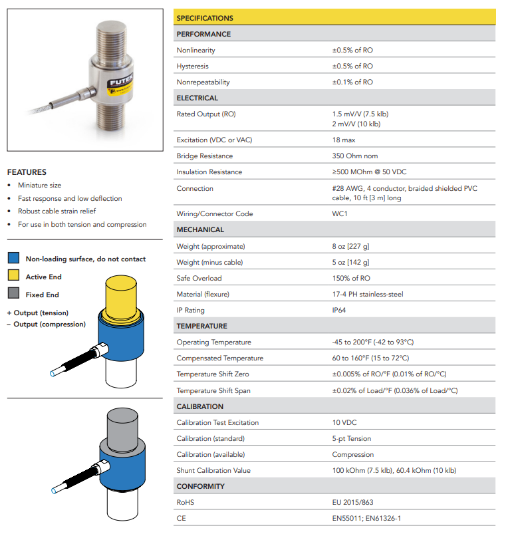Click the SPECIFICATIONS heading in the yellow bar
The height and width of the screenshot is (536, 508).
[x=205, y=18]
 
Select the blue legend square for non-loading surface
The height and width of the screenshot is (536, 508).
[x=13, y=259]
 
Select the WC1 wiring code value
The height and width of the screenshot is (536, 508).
[x=340, y=213]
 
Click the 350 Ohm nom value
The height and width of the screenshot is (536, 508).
[x=356, y=156]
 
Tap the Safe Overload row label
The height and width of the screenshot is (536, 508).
[x=199, y=278]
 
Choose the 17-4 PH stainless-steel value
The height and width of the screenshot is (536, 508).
[x=368, y=294]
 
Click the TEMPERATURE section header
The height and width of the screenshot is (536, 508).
[x=201, y=326]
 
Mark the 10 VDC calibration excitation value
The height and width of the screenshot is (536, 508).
[x=345, y=422]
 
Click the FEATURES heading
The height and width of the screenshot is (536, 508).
[x=27, y=172]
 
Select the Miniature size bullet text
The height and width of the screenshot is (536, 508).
[x=39, y=185]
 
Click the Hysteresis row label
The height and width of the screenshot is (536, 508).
[x=192, y=66]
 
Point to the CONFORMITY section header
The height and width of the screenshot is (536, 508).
[x=200, y=486]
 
